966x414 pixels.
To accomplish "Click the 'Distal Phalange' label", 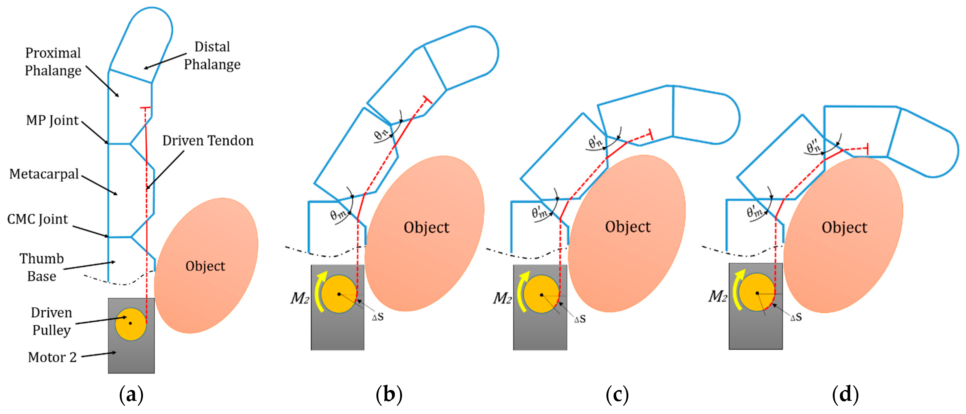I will point(212,55).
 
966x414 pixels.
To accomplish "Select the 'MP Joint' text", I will point(52,120).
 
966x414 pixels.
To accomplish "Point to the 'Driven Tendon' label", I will point(208,141).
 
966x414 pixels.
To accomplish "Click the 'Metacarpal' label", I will point(44,174).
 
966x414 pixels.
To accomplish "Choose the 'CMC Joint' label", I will point(37,219).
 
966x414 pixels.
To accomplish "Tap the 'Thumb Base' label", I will point(42,267).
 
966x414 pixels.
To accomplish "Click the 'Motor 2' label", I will point(52,357).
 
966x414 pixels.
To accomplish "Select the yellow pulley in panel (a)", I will point(131,324).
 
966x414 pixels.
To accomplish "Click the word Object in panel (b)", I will point(426,228).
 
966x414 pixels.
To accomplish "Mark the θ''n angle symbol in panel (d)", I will point(814,147).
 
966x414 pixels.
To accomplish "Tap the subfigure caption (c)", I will point(617,394).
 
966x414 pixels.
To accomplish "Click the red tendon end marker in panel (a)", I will point(145,108).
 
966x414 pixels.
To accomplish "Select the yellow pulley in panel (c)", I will point(541,294).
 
